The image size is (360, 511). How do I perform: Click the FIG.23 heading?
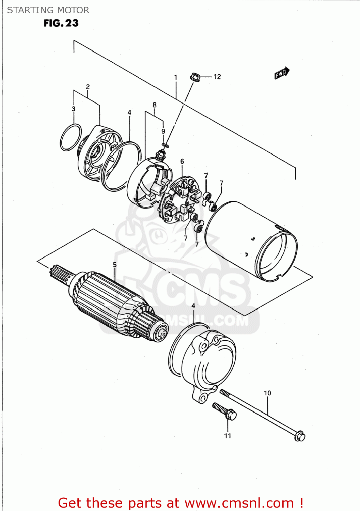click(x=61, y=23)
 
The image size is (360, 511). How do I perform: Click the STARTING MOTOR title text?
click(x=48, y=10)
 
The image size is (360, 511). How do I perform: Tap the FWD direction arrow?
click(x=282, y=73)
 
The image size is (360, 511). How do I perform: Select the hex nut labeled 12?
click(x=195, y=77)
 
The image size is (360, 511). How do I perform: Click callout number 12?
click(x=217, y=77)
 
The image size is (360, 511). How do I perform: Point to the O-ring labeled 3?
click(x=71, y=137)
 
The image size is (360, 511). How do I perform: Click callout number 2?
click(x=88, y=87)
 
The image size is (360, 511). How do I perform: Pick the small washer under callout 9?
click(x=165, y=146)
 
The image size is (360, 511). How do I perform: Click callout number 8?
click(x=155, y=105)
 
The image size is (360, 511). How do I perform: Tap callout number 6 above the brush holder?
click(x=182, y=161)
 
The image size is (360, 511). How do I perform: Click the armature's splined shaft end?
click(x=60, y=273)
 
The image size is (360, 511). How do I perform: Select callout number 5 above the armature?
click(x=115, y=265)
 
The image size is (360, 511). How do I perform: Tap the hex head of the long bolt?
click(x=299, y=436)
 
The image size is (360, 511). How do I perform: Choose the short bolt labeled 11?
click(x=225, y=411)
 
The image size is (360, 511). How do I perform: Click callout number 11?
click(x=228, y=436)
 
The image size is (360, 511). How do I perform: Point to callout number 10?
click(x=267, y=393)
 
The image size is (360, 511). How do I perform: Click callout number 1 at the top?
click(x=176, y=78)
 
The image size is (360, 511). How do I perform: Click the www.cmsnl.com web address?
click(x=239, y=503)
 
